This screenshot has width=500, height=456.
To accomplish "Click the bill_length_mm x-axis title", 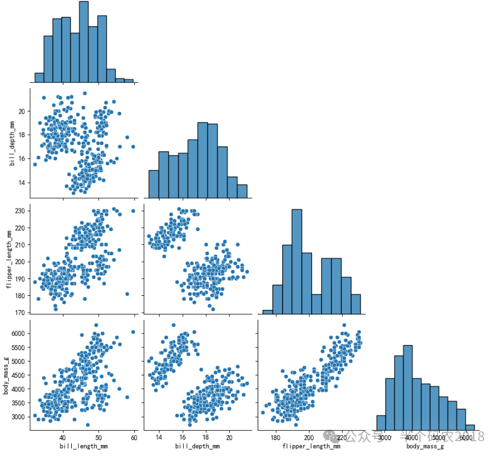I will [83, 446].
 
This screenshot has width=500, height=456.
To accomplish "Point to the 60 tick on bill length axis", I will [134, 437].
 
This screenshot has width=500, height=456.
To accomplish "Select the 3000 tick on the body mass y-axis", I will [18, 417].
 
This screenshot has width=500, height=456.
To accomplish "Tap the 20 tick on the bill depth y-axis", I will [21, 111].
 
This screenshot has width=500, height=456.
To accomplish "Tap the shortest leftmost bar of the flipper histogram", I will [268, 312].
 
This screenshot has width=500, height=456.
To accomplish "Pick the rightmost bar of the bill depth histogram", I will [242, 190].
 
